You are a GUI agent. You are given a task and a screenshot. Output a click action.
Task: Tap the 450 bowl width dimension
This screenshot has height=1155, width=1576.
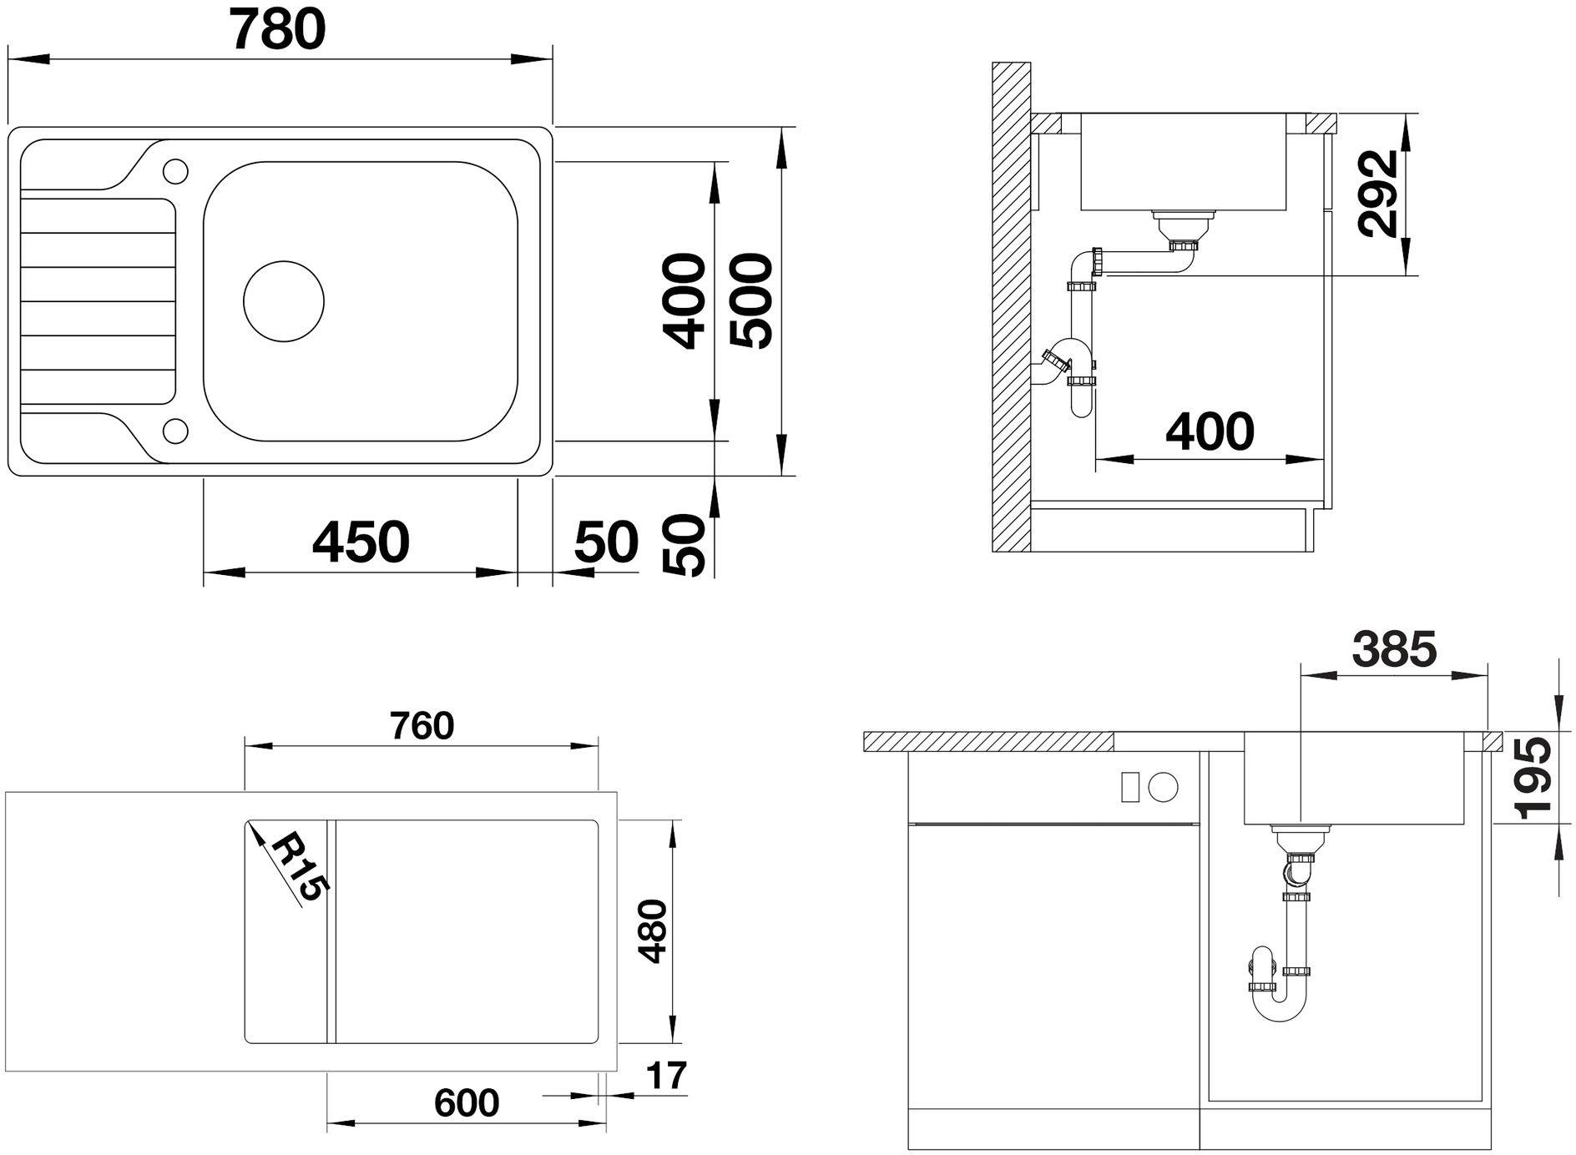tap(361, 541)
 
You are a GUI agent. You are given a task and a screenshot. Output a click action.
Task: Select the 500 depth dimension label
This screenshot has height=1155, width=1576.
tap(751, 300)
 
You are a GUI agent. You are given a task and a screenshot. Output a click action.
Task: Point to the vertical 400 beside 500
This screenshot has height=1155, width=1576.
tap(684, 301)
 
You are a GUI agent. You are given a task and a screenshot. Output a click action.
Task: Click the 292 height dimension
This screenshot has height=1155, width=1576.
tap(1377, 194)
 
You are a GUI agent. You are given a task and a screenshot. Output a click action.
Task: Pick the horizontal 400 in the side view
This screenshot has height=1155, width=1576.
tap(1210, 431)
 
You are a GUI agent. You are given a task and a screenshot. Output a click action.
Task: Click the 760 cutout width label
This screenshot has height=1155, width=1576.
tap(422, 726)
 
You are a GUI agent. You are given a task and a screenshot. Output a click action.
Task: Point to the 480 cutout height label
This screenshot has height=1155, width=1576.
tap(652, 931)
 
